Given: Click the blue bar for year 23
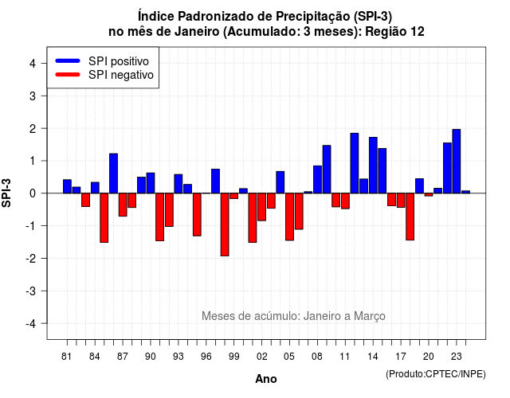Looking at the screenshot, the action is click(x=457, y=161).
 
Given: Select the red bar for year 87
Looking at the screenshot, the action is click(x=123, y=205).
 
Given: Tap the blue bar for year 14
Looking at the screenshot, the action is click(x=373, y=166).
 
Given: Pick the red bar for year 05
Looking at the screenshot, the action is click(x=289, y=217).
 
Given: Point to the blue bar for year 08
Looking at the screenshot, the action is click(x=317, y=179).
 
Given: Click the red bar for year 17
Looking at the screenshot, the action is click(x=401, y=200).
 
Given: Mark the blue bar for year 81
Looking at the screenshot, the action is click(x=67, y=186).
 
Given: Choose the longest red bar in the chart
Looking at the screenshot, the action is click(x=225, y=224).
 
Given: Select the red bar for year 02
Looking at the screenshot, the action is click(x=262, y=207).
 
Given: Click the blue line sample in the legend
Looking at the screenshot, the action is click(x=68, y=60).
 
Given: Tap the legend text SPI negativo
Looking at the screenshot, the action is click(x=121, y=75).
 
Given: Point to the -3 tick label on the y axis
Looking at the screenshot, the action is click(x=31, y=291).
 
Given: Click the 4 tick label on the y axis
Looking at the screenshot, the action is click(x=33, y=64).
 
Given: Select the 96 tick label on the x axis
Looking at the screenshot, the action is click(x=206, y=357).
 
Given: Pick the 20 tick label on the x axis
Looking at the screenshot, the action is click(x=429, y=357).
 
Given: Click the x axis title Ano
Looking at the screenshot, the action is click(x=266, y=379).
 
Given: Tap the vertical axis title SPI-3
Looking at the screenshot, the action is click(x=6, y=193).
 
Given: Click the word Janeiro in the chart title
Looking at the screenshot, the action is click(x=197, y=32).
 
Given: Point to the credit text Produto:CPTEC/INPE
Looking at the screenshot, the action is click(x=436, y=374).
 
